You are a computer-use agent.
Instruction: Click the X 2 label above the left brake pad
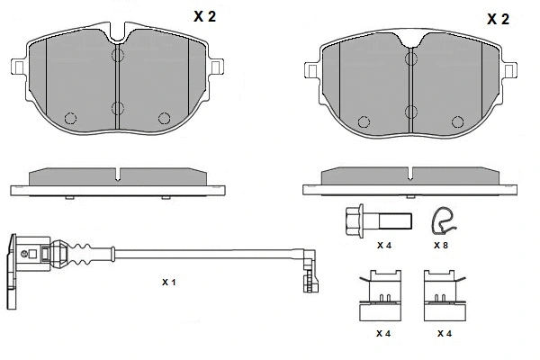pos(204,16)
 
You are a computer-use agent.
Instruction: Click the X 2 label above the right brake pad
pos(498,19)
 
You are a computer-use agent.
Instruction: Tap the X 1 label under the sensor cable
pos(169,282)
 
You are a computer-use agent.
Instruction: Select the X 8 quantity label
pos(440,246)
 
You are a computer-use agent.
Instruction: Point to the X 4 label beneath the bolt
pos(384,246)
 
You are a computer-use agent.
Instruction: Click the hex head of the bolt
pos(354,220)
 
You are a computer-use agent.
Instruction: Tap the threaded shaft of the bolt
pos(395,220)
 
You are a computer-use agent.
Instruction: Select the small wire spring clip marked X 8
pos(444,220)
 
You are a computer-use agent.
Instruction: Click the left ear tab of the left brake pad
pos(18,67)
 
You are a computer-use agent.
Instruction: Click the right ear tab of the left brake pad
pos(217,67)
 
